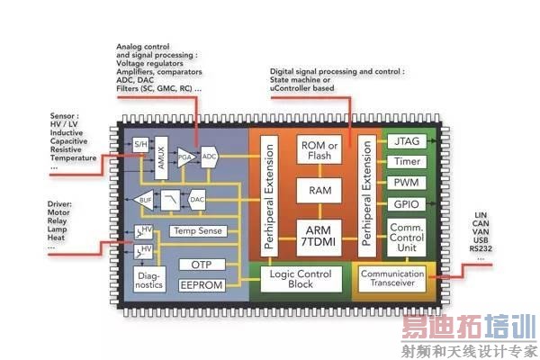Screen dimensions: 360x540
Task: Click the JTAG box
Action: pos(407,141)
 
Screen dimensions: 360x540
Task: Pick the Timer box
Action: pos(407,162)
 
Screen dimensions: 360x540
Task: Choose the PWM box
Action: pos(407,183)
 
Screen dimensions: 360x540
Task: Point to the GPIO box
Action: pos(407,204)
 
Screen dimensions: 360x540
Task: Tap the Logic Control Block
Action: pos(301,279)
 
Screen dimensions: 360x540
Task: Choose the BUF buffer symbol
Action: pos(145,201)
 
